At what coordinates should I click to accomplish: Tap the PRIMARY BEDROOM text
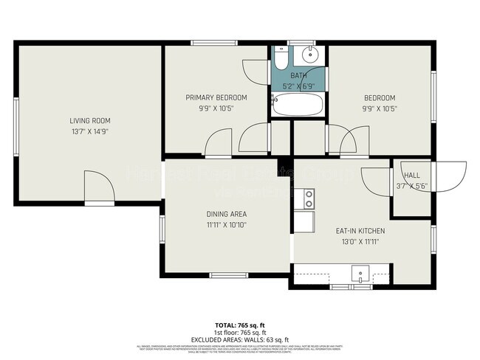tap(216, 97)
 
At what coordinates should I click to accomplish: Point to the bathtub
tap(297, 105)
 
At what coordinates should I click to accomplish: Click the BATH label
tap(298, 76)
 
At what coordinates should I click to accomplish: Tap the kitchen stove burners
tap(309, 198)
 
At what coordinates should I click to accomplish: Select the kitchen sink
tap(360, 275)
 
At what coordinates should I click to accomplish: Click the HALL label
tap(411, 176)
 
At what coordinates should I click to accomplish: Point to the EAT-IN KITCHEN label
tap(360, 231)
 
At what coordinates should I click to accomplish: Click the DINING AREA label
tap(226, 214)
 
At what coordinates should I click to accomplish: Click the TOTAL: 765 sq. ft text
tap(239, 325)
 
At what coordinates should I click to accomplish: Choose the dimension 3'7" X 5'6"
tap(411, 186)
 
